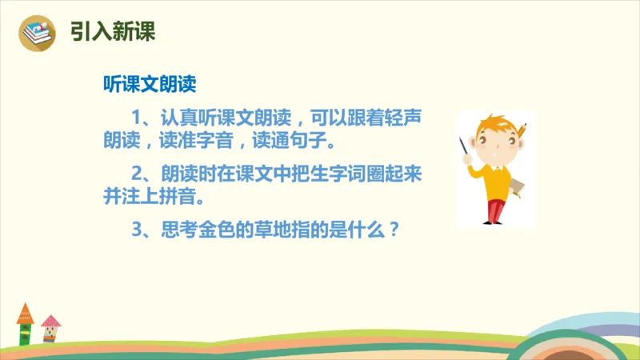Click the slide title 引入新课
tap(112, 31)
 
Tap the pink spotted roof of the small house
tap(51, 322)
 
